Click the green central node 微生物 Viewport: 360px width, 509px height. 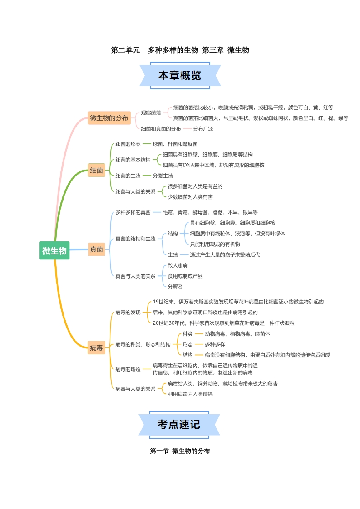point(54,250)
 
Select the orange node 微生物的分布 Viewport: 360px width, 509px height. point(109,118)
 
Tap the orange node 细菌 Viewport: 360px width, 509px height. point(96,171)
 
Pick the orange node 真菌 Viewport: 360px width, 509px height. point(96,249)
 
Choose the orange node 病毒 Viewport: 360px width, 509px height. point(96,348)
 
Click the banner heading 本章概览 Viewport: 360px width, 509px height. point(180,76)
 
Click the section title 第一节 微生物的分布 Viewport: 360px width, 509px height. point(180,451)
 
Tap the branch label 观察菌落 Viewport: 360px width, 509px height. point(151,113)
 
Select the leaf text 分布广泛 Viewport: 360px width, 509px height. point(203,129)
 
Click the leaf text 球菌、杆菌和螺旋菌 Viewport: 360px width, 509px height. point(175,144)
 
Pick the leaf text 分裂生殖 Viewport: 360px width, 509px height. point(163,176)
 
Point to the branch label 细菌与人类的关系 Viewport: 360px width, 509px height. point(135,191)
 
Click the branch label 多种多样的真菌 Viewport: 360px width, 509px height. point(133,212)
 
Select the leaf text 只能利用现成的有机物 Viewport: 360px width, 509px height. point(215,244)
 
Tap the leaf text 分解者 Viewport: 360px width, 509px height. point(175,286)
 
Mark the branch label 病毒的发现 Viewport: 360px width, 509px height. point(128,312)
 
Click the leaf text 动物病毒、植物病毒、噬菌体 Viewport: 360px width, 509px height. point(237,334)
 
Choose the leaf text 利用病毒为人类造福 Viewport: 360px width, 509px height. point(190,394)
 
